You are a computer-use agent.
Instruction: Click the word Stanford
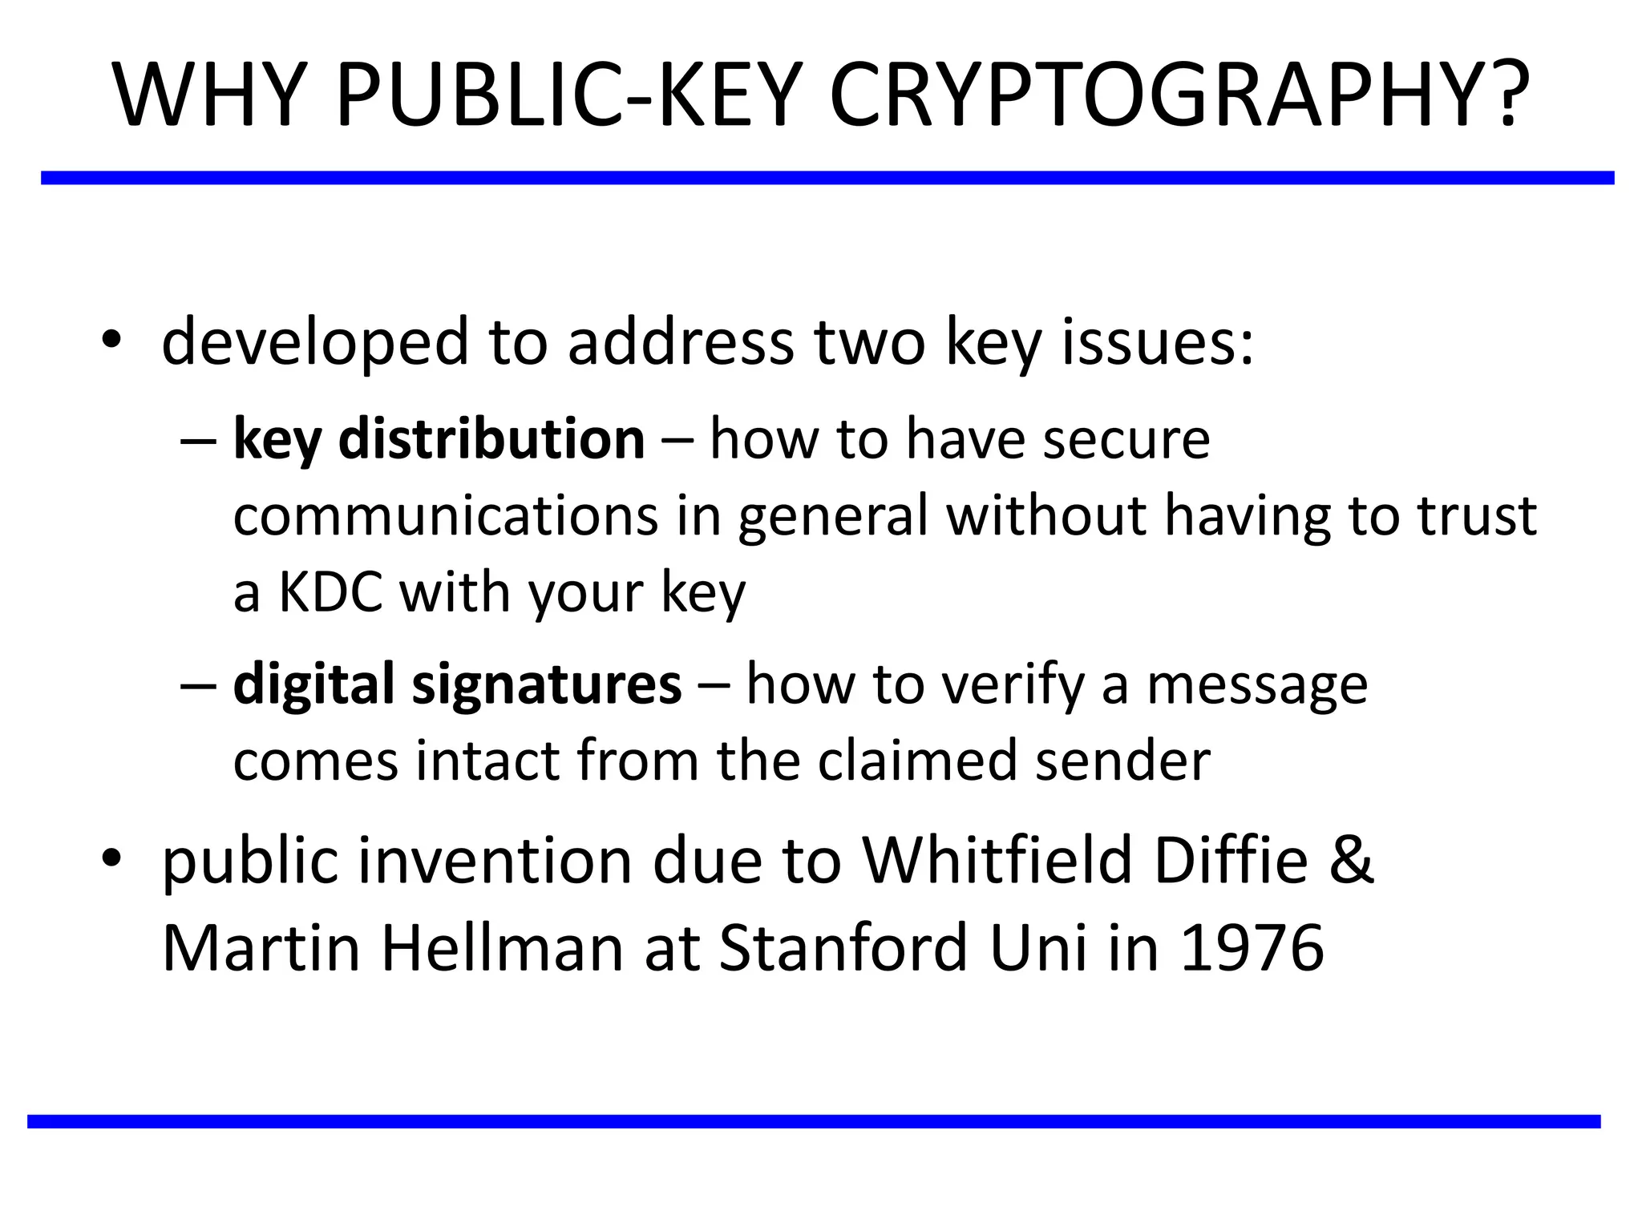[x=844, y=948]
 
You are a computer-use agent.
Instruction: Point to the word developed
[x=314, y=343]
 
